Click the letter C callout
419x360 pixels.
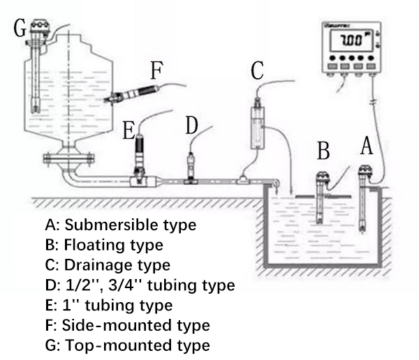point(258,70)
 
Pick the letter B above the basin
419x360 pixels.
point(322,151)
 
